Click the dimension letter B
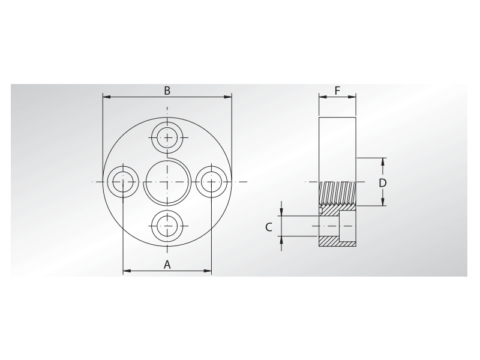click(167, 91)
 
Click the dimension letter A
click(167, 265)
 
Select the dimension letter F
click(337, 91)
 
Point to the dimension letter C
click(269, 226)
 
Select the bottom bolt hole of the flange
click(167, 226)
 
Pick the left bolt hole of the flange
click(123, 181)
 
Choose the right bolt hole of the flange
click(212, 181)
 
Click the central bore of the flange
click(167, 181)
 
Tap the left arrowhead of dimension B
click(106, 97)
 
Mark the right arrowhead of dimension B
click(229, 97)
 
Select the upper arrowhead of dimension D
click(383, 161)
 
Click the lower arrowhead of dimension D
click(383, 202)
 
